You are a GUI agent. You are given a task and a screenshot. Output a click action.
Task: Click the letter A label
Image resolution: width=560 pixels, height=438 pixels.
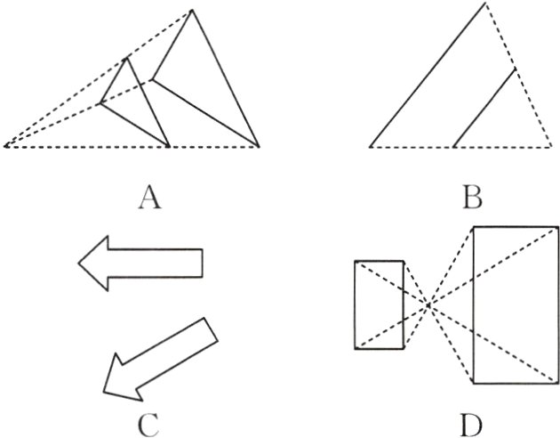[x=149, y=196]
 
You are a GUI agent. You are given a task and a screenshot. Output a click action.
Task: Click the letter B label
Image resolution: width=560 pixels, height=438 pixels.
[x=472, y=196]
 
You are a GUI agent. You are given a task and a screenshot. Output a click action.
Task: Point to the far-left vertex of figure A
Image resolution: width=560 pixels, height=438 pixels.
[x=5, y=145]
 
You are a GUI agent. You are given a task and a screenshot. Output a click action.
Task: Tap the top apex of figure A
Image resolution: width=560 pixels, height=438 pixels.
[x=191, y=11]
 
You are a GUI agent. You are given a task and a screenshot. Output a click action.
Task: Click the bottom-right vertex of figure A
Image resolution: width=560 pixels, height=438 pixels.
[x=259, y=145]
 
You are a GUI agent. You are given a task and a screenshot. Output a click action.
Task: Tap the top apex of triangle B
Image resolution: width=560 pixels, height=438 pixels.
[x=485, y=4]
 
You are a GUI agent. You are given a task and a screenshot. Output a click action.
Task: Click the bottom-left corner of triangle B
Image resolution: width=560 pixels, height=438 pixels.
[x=370, y=145]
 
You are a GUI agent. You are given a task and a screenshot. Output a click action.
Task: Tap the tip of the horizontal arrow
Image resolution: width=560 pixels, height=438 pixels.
[x=79, y=263]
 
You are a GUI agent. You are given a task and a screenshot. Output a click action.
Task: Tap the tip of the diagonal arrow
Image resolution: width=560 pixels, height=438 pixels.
[x=105, y=392]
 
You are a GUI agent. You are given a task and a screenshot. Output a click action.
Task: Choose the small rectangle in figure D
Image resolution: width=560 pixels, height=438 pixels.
[x=380, y=304]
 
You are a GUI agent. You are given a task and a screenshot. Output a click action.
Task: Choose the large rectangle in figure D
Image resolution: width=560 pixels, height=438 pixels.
[x=514, y=304]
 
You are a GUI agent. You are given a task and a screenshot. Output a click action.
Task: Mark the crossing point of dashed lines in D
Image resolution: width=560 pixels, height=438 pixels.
[x=428, y=304]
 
